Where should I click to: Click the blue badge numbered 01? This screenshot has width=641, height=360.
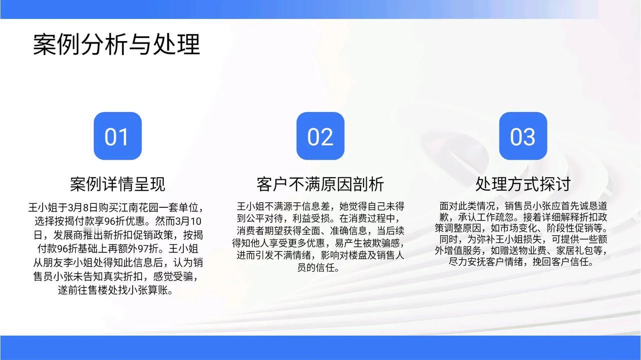(118, 136)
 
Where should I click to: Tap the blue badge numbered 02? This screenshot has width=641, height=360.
(320, 136)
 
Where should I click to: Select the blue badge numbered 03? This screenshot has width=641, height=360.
(523, 136)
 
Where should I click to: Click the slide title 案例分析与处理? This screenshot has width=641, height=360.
(117, 45)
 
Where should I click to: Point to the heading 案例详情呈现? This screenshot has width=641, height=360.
(118, 184)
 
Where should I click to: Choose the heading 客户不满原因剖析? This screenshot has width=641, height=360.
(320, 184)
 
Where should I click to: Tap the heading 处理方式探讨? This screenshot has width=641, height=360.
(523, 184)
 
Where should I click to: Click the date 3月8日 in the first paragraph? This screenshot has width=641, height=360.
(83, 207)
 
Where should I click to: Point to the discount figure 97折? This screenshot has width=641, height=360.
(149, 249)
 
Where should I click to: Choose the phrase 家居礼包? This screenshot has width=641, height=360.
(574, 251)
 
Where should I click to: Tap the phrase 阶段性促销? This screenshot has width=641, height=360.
(570, 228)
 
